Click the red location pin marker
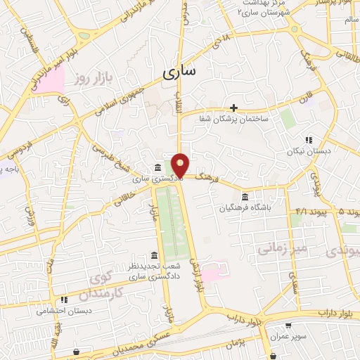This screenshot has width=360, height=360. (x=181, y=165)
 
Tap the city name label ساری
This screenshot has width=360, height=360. (x=180, y=72)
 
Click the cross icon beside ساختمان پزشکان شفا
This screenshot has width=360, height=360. (x=234, y=108)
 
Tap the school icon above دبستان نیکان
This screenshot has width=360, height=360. (x=309, y=140)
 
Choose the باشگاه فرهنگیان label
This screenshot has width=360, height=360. (x=245, y=207)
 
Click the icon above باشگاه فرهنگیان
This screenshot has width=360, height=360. (x=245, y=196)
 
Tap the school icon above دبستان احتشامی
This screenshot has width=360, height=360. (x=64, y=299)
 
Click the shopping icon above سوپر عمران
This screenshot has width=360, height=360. (x=289, y=326)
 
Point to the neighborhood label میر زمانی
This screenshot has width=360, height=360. (x=281, y=248)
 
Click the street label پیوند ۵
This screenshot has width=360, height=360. (x=345, y=211)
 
